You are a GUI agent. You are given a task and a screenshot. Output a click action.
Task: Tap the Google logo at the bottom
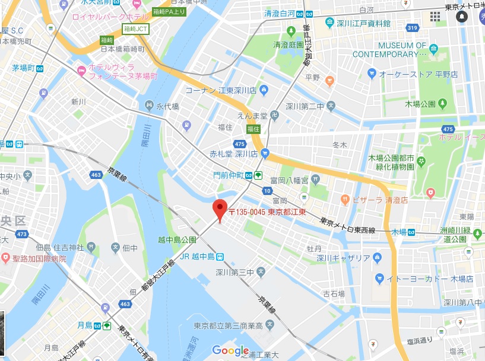click(230, 350)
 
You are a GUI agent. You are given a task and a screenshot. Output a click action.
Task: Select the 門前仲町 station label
click(229, 175)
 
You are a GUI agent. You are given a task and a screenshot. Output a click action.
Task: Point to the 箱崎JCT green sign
click(137, 28)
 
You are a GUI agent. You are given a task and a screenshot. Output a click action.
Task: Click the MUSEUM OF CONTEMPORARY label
click(389, 50)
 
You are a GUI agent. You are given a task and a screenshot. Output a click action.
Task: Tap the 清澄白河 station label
click(281, 14)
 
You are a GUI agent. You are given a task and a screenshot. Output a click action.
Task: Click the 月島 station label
click(85, 325)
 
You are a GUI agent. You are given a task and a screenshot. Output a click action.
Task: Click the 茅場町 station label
click(24, 68)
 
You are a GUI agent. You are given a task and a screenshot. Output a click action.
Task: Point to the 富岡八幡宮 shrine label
click(289, 179)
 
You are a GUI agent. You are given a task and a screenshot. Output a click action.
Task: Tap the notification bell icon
click(462, 17)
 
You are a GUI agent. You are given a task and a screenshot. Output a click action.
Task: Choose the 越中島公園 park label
click(177, 240)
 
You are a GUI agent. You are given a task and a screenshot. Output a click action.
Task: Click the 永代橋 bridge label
click(167, 107)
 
